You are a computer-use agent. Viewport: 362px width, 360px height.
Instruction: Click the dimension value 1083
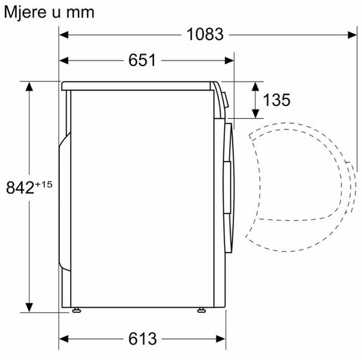click(205, 33)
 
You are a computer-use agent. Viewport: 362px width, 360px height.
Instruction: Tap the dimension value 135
click(276, 100)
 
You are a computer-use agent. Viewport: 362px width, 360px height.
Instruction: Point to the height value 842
click(20, 187)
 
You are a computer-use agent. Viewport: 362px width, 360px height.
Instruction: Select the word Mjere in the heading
click(24, 12)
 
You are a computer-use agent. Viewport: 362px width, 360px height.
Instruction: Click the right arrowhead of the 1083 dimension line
click(349, 33)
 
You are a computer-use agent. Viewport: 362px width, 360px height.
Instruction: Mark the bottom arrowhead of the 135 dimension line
click(254, 115)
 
